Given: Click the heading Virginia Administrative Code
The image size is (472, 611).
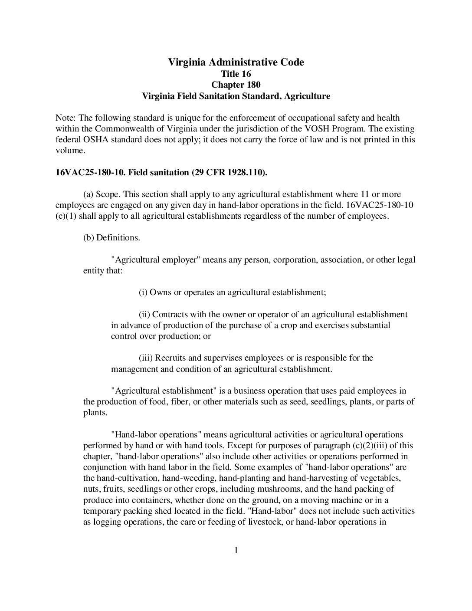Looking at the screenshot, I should pyautogui.click(x=236, y=62).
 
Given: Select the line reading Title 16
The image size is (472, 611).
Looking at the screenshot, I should pyautogui.click(x=236, y=74).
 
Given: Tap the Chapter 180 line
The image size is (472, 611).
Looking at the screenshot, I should pyautogui.click(x=236, y=85).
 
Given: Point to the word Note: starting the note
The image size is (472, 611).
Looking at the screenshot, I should pyautogui.click(x=66, y=118).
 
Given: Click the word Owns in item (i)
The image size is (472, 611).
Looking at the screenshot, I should pyautogui.click(x=161, y=292).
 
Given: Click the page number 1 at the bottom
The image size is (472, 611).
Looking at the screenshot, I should pyautogui.click(x=236, y=551).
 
